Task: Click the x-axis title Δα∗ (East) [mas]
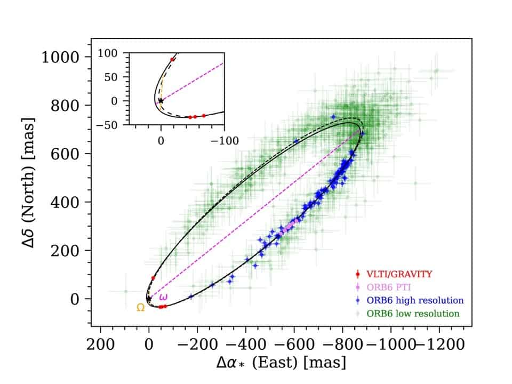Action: [281, 364]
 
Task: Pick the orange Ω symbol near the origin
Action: [140, 308]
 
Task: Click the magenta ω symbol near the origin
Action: [163, 297]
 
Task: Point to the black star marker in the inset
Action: [161, 100]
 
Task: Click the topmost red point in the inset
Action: [172, 59]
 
